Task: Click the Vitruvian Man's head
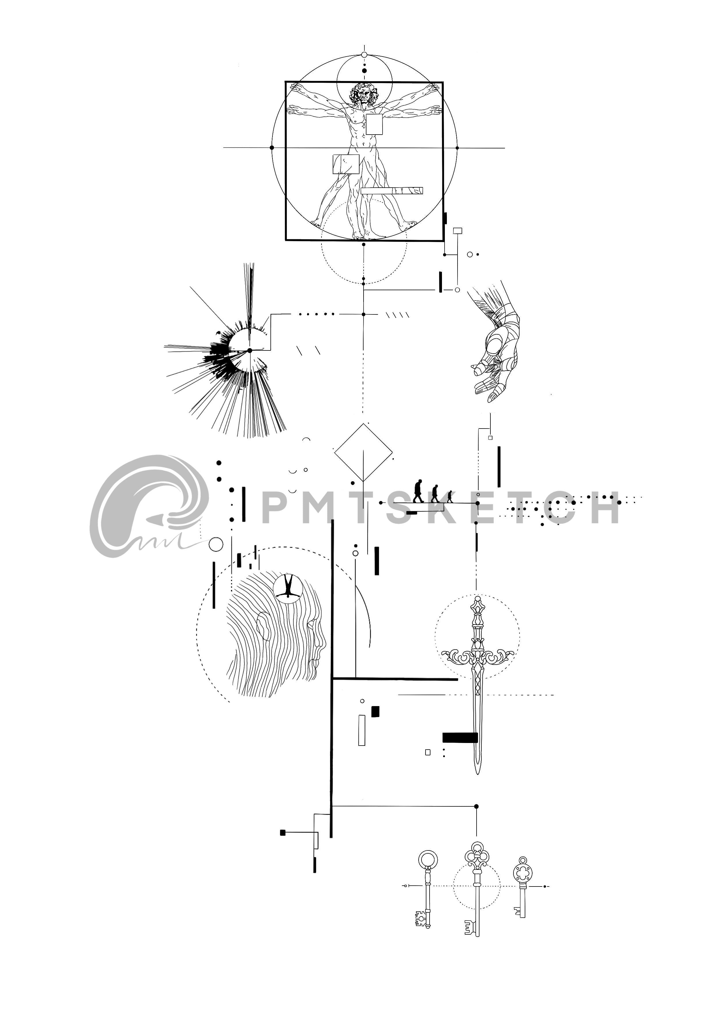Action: (x=364, y=94)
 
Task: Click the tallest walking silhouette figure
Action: (x=418, y=491)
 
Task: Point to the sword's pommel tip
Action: (x=477, y=599)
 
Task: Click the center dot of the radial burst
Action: (x=250, y=350)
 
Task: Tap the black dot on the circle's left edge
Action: (x=272, y=148)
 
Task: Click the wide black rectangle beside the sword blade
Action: (x=460, y=737)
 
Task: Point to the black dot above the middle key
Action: (x=476, y=806)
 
